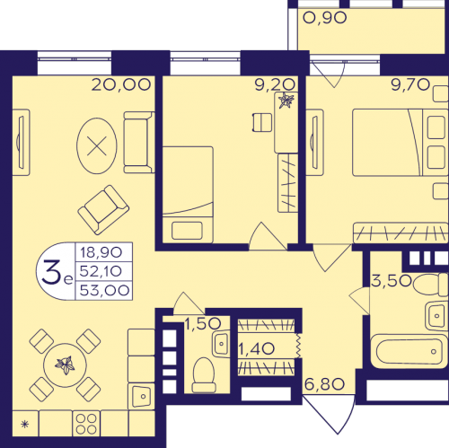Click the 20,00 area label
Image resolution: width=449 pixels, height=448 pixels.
120,84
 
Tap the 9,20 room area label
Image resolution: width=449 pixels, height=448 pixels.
275,84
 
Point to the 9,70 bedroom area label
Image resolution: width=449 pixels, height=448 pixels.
410,84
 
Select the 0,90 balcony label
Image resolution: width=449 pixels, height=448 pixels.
325,18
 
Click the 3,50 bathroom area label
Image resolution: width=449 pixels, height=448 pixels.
392,281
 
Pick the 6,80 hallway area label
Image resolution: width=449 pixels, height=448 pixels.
324,384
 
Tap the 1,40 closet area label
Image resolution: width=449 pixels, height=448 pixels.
257,348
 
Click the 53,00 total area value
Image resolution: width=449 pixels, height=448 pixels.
104,290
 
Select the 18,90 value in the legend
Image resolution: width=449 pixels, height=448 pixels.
101,252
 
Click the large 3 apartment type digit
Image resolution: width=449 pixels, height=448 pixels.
51,271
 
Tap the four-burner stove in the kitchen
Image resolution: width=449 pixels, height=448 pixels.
86,424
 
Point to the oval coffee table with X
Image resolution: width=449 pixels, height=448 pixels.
97,145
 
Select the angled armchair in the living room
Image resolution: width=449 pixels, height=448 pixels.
103,209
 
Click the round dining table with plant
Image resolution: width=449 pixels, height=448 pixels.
65,365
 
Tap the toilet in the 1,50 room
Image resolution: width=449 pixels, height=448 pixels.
204,375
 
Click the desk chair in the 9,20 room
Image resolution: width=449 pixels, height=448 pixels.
262,122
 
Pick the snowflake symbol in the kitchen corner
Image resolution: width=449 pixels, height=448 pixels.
25,424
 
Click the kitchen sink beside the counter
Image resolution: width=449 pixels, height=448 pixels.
141,396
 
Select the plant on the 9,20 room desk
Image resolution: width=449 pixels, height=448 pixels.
286,100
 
